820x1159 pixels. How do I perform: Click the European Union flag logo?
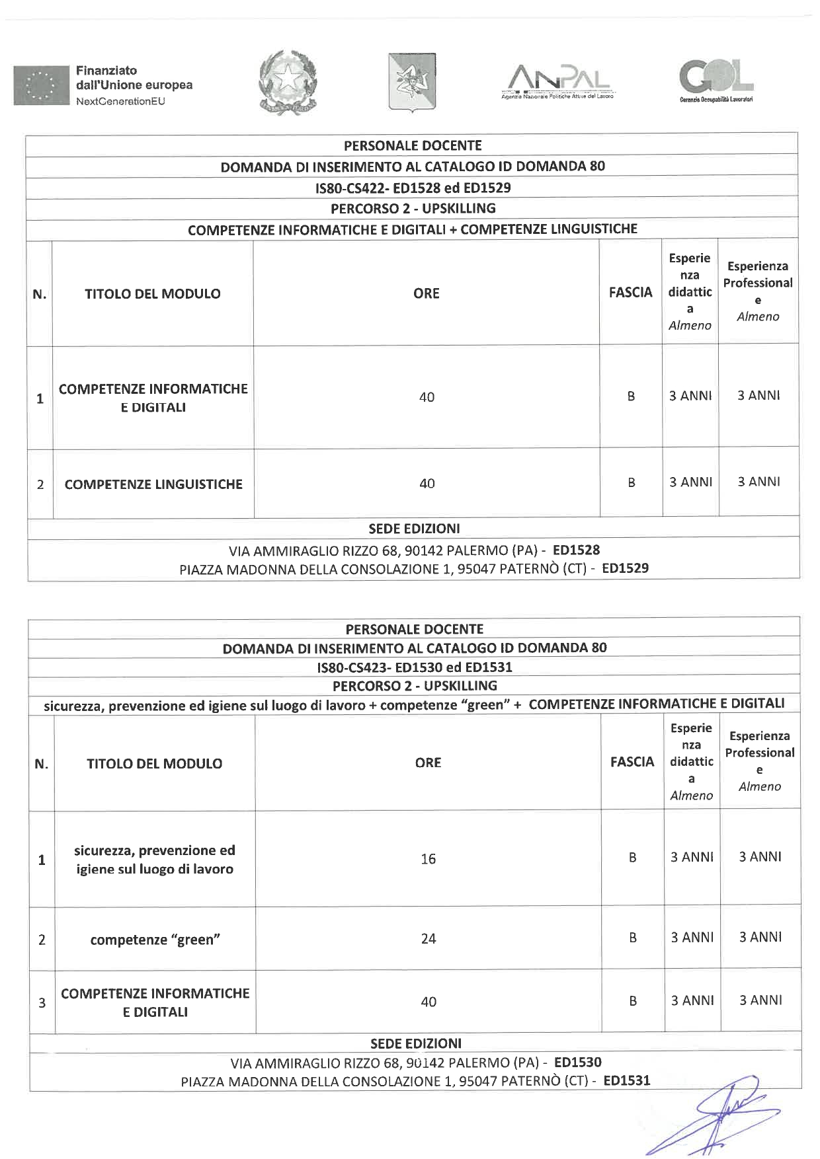point(41,85)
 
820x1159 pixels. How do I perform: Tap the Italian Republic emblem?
point(288,82)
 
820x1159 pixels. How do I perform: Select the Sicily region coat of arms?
point(411,82)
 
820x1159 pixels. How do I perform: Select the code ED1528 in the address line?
point(576,550)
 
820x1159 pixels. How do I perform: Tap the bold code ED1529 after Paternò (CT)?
point(625,568)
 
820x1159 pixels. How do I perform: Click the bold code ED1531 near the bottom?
point(627,1080)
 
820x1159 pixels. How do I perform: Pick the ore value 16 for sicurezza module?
point(428,858)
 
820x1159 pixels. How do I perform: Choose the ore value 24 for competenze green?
point(428,938)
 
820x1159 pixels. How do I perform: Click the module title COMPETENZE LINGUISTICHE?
point(153,484)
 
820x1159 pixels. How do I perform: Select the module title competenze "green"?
point(155,940)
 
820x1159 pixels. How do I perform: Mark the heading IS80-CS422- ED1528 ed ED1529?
point(413,188)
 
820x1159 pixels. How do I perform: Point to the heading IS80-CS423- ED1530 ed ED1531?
point(414,667)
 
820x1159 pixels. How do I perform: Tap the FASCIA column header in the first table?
point(630,292)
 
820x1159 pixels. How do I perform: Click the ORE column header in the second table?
point(428,763)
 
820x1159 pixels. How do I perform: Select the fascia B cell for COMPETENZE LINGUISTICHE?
point(631,483)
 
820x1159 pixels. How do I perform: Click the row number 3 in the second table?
point(42,1002)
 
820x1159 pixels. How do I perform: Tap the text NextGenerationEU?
point(120,101)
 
